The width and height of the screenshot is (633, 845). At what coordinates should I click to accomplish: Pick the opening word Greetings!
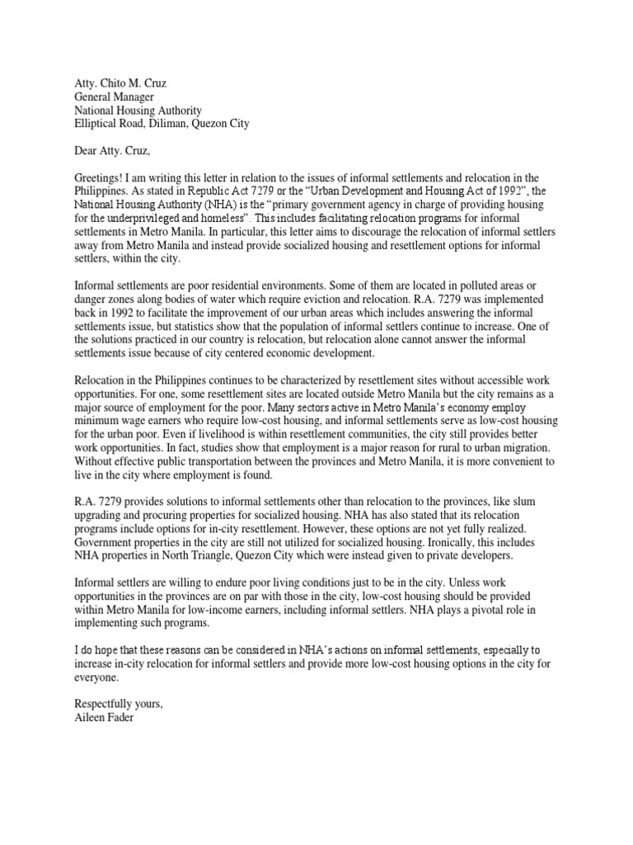pyautogui.click(x=102, y=177)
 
